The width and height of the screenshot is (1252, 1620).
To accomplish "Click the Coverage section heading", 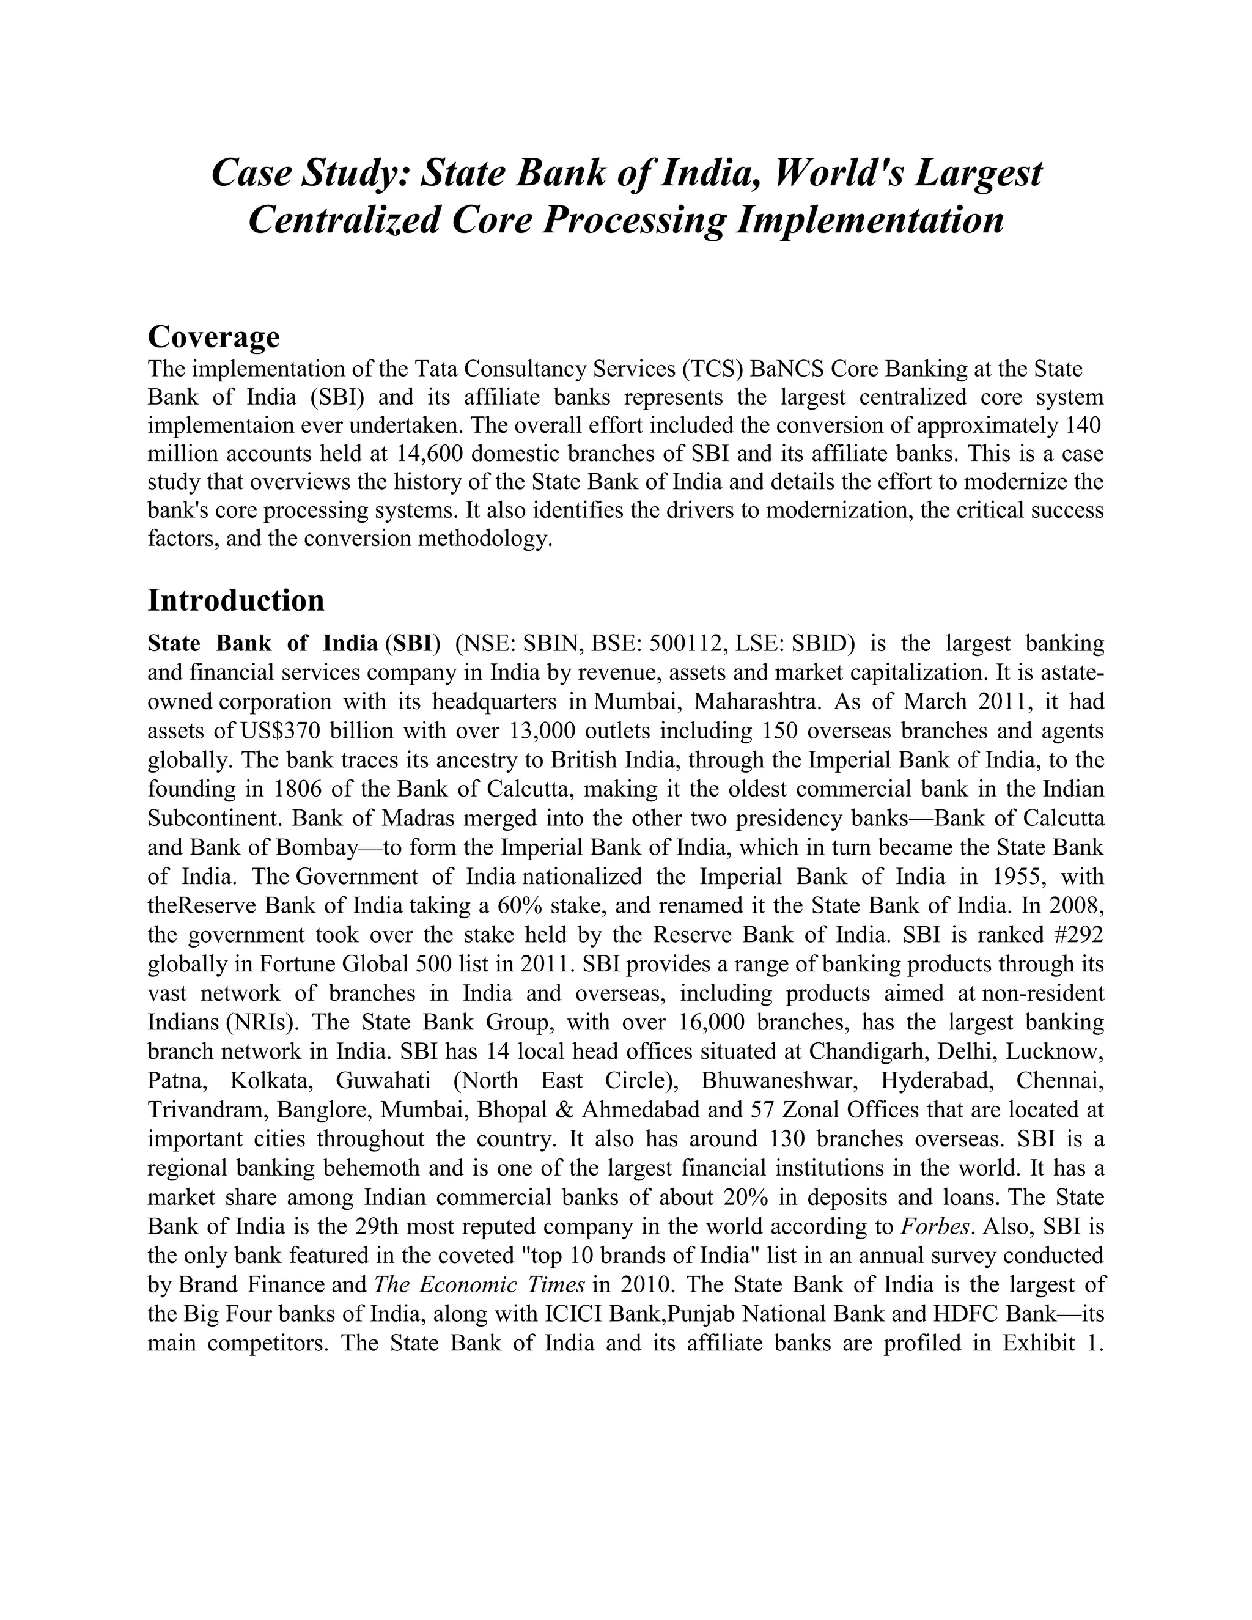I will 213,337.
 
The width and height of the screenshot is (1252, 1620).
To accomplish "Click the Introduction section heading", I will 236,600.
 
